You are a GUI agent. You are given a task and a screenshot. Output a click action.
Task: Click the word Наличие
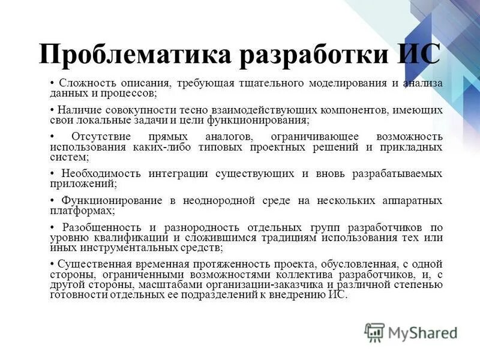click(79, 110)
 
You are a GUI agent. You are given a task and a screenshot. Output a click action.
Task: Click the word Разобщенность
click(101, 227)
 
